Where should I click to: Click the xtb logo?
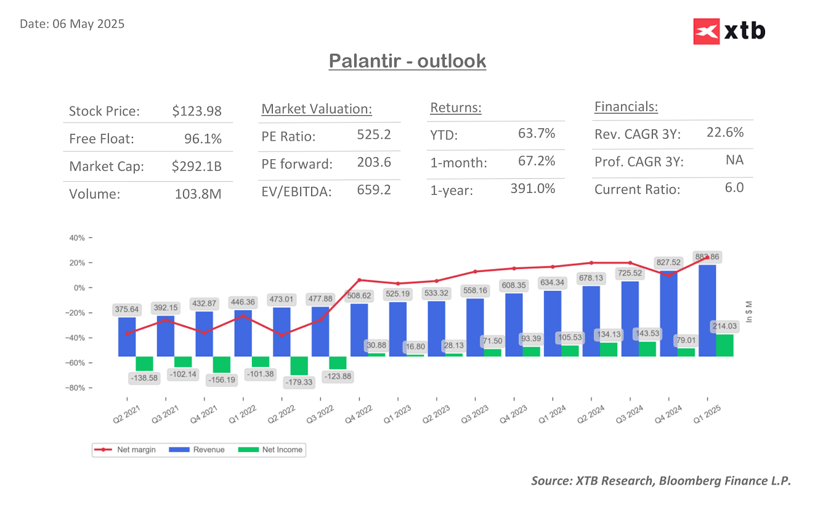(x=729, y=31)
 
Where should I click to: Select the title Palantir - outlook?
(x=407, y=61)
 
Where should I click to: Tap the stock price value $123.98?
(x=197, y=112)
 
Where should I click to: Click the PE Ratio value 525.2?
(x=374, y=134)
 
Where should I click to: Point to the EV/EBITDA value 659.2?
(x=374, y=190)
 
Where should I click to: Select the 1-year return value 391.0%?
(x=533, y=189)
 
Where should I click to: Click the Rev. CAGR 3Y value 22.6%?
(x=725, y=132)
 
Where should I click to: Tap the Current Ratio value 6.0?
(x=734, y=187)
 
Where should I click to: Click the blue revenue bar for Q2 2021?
(x=127, y=337)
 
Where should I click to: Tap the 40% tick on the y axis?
(x=78, y=238)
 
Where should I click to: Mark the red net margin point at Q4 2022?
(x=359, y=280)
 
